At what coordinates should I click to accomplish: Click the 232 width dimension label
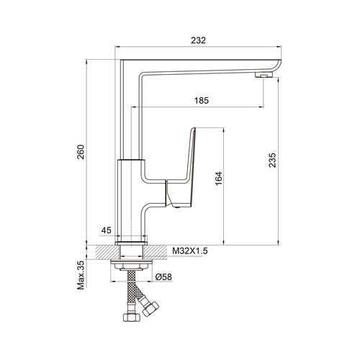[199, 40]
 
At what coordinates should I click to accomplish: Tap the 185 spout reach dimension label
[202, 101]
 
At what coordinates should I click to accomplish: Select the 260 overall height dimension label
[81, 152]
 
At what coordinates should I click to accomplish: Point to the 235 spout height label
[273, 160]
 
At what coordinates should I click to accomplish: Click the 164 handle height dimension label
[219, 179]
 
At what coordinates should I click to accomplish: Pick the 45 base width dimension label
[107, 230]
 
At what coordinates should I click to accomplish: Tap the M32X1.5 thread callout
[190, 251]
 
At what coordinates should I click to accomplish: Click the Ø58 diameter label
[163, 277]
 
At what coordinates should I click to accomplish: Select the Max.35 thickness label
[81, 275]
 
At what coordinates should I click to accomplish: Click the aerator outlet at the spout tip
[264, 75]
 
